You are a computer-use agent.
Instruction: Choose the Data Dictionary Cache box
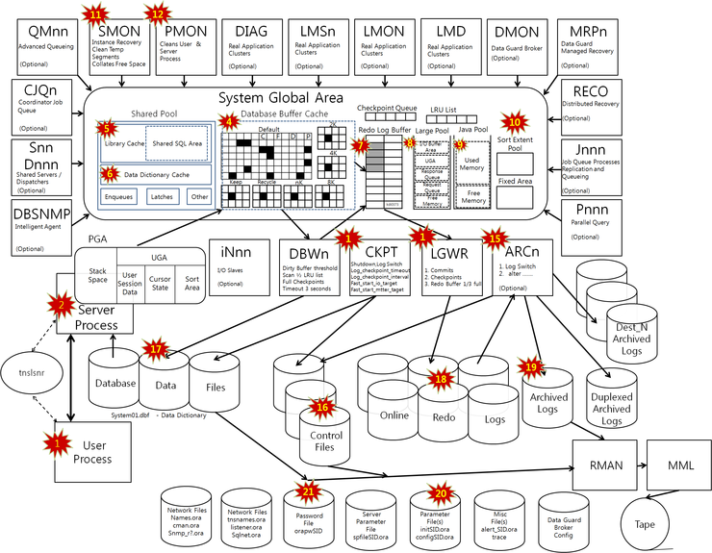pyautogui.click(x=154, y=173)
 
